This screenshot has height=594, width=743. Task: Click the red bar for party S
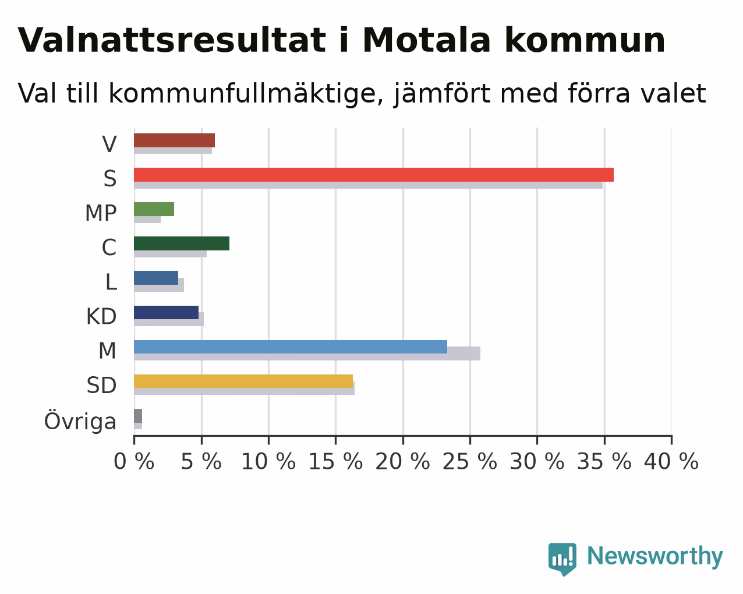374,175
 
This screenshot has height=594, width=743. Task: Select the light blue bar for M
291,346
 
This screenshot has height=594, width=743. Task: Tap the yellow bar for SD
243,381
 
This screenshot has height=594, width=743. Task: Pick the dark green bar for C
182,243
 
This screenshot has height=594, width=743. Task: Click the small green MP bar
154,209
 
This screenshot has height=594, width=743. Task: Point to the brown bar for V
174,140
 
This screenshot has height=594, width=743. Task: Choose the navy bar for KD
166,312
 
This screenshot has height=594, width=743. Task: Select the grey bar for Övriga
138,416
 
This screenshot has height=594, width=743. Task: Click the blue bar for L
156,278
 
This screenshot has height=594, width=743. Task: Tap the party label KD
101,316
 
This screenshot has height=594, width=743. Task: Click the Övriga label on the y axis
80,420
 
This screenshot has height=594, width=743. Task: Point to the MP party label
101,213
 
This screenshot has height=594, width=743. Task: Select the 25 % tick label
470,462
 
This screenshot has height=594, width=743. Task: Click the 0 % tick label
134,462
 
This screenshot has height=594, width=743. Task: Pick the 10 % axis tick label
268,462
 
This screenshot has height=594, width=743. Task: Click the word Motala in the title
427,40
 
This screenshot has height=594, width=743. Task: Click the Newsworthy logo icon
562,559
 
